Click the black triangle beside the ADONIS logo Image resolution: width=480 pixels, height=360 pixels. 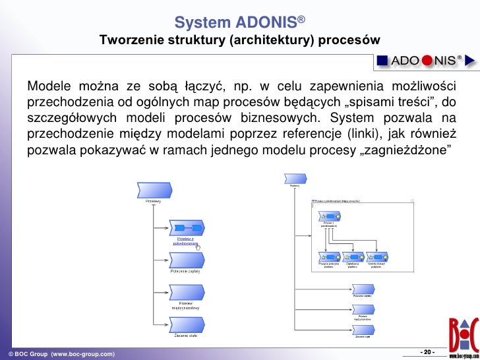(470, 61)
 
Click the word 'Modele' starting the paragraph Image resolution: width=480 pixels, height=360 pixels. (48, 88)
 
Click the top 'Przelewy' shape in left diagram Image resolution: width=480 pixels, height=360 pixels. (154, 190)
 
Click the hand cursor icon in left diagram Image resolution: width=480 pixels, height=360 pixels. (207, 248)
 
